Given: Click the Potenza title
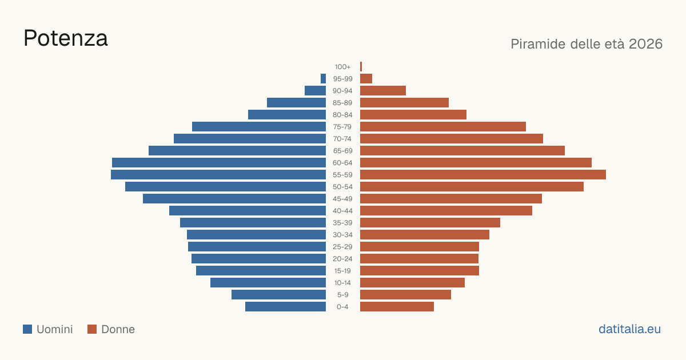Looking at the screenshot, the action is coord(66,38).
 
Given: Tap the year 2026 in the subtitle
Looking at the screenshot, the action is coord(645,44).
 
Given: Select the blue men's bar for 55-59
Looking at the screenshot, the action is coord(218,174).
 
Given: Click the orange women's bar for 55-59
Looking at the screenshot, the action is coord(483,174).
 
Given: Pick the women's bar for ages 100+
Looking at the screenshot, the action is coord(361,66).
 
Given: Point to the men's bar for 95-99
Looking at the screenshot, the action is coord(324,78).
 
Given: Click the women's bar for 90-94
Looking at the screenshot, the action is coord(383,91).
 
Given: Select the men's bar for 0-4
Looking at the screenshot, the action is coord(285,306).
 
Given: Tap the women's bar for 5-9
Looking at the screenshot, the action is coord(405,294).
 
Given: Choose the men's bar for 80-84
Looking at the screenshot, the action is coord(287,114).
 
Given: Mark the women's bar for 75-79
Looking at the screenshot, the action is coord(443,126).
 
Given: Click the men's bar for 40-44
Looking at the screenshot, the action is coord(248,211).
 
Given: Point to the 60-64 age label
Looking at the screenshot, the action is coord(342,163).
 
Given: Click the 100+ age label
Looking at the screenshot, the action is coord(342,67).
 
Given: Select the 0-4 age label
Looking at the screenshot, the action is coord(342,307).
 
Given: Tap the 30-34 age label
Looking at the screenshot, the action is coord(342,235).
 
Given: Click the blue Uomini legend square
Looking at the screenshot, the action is coord(27,329).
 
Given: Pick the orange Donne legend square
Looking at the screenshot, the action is coord(92,329).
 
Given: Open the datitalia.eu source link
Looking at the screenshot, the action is coord(629,329).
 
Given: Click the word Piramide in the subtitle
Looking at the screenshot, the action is coord(538,44).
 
